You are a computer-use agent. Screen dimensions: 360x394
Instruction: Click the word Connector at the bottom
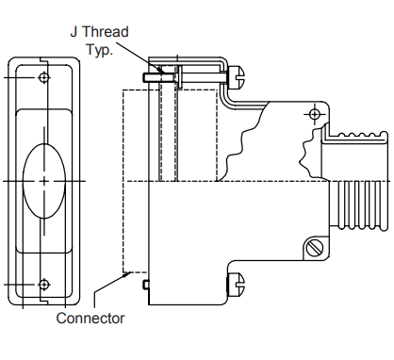[90, 318]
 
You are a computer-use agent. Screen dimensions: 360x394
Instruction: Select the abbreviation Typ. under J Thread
[99, 49]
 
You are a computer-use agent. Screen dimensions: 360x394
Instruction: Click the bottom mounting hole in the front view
[44, 283]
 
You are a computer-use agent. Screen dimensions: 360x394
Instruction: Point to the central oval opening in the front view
[44, 179]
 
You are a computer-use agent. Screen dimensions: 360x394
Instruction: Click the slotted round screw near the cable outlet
[315, 248]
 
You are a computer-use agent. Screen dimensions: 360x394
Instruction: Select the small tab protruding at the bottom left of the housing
[144, 283]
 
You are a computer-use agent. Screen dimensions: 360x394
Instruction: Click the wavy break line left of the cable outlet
[304, 151]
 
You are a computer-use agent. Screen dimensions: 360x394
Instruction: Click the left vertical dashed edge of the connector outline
[124, 179]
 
